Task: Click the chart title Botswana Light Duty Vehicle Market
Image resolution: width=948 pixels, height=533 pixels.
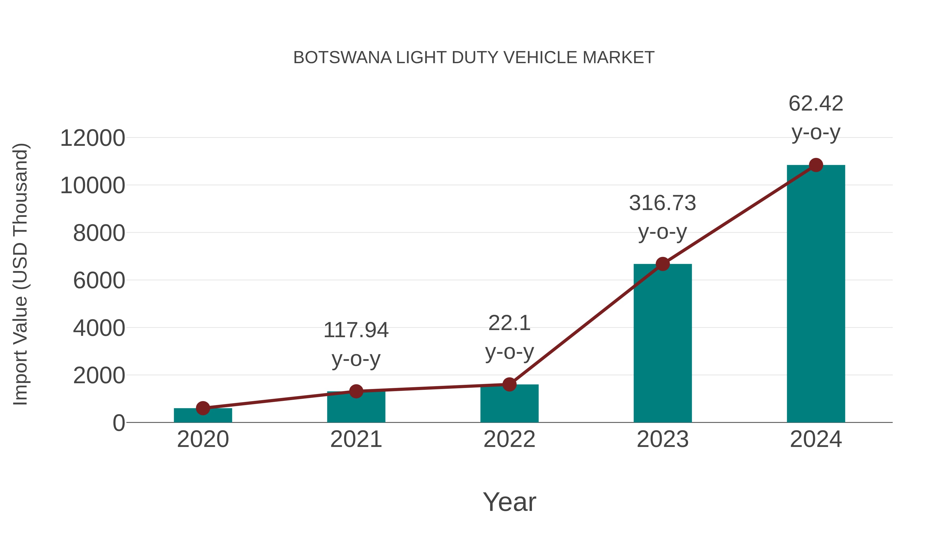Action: click(x=474, y=58)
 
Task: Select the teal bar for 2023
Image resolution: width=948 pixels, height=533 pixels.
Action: click(x=663, y=346)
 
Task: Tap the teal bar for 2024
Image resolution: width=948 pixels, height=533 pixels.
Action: click(x=816, y=294)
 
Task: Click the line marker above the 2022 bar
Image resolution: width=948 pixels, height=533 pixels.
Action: click(x=509, y=384)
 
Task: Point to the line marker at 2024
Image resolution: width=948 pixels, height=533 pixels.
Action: click(x=816, y=165)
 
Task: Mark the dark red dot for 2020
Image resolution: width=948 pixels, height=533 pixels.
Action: click(x=203, y=408)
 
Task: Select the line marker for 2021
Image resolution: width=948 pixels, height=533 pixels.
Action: click(x=356, y=391)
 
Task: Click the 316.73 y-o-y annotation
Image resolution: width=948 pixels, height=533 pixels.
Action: click(x=663, y=217)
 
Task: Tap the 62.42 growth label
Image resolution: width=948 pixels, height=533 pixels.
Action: click(x=816, y=118)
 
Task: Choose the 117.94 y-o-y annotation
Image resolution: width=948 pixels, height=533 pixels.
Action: click(x=356, y=344)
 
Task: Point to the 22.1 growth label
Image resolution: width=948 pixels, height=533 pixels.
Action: click(x=509, y=337)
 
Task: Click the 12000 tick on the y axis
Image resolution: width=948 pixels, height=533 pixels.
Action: click(x=92, y=139)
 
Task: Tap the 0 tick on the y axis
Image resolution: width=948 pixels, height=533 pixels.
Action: click(x=118, y=423)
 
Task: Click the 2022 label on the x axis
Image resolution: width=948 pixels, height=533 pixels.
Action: click(x=509, y=439)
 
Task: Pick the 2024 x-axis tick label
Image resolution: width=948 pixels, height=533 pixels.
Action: click(x=816, y=439)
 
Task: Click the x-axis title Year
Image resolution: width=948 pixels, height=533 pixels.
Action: click(x=509, y=502)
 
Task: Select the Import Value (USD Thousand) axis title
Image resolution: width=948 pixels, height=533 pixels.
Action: click(x=20, y=275)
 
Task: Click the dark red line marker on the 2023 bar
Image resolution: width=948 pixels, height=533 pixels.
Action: click(x=663, y=264)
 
